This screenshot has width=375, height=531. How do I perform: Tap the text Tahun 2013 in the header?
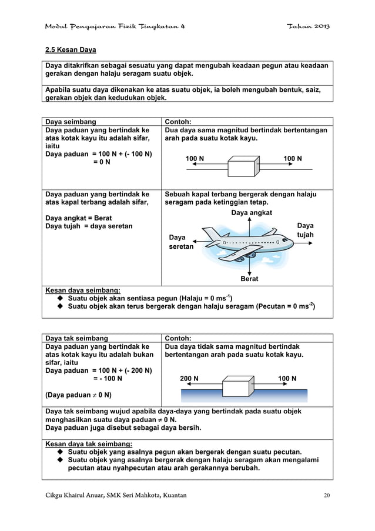click(x=308, y=28)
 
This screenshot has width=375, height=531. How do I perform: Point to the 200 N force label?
click(x=189, y=378)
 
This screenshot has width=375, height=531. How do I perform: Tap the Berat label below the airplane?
click(x=250, y=279)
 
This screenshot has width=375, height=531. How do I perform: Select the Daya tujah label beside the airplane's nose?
click(x=305, y=231)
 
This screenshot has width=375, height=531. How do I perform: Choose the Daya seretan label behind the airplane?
click(x=181, y=242)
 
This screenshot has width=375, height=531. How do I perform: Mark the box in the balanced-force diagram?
click(x=243, y=167)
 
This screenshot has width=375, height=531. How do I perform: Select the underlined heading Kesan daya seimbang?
click(x=83, y=290)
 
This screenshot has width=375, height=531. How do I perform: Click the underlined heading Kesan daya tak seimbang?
click(x=89, y=443)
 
